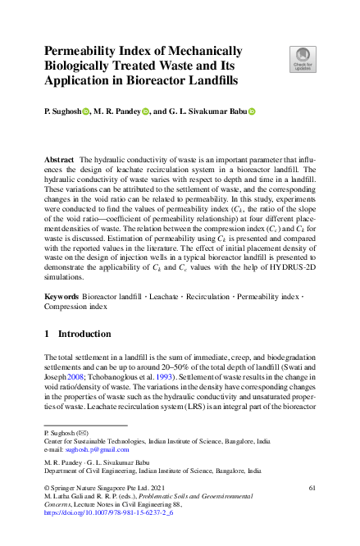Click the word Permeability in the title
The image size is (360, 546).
pyautogui.click(x=84, y=51)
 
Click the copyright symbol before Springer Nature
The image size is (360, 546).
pyautogui.click(x=46, y=489)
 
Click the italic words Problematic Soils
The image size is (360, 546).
pyautogui.click(x=192, y=497)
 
